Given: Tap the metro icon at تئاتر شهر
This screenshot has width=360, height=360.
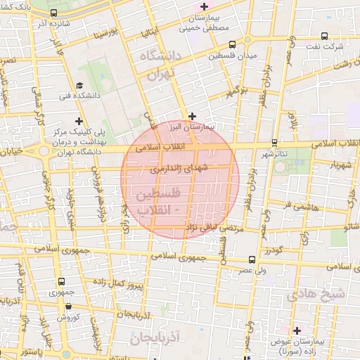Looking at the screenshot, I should [x=274, y=142].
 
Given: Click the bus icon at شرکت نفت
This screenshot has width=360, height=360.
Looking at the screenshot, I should [x=324, y=36].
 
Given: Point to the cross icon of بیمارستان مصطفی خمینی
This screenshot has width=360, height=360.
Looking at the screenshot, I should [x=204, y=6].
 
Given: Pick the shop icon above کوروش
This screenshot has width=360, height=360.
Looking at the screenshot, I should [x=68, y=306].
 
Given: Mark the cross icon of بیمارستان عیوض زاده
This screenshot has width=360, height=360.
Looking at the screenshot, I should [x=297, y=330].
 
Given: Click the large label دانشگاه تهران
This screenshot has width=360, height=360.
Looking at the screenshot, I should [x=161, y=67].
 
